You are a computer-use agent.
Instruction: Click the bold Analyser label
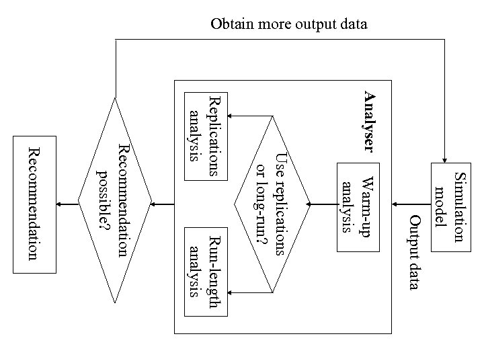(369, 121)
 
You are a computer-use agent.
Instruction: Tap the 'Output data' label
(415, 253)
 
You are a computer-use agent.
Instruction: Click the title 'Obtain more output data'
(289, 25)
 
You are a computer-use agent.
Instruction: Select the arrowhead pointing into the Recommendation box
(61, 204)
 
